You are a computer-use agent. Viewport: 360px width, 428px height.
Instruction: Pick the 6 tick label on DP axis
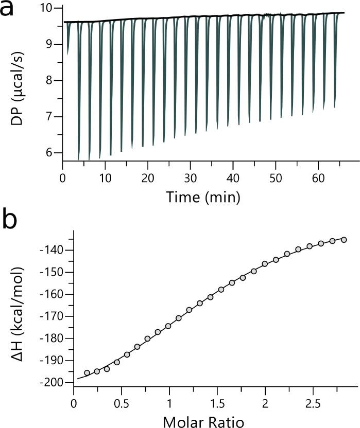[50, 153]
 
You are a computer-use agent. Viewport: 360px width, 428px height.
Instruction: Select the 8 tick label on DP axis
[50, 81]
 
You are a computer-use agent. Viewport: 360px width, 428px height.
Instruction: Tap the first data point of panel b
[87, 372]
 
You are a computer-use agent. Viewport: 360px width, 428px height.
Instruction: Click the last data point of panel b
[344, 240]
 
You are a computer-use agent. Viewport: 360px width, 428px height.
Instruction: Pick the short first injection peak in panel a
[68, 46]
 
